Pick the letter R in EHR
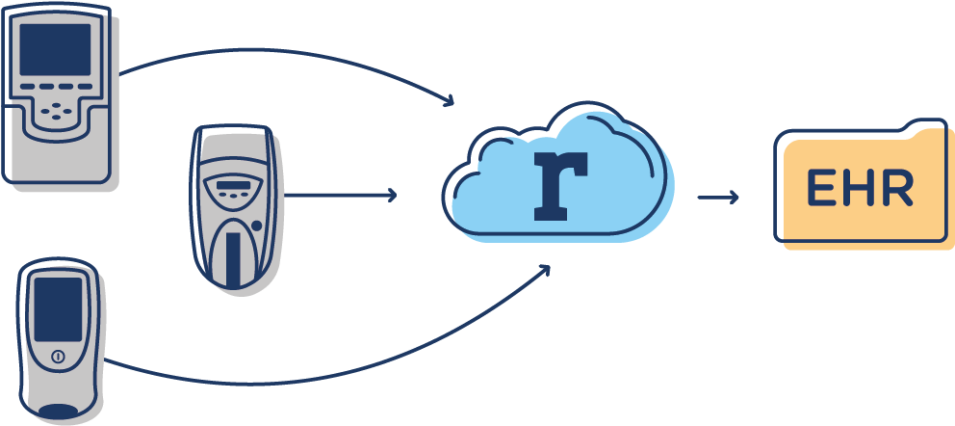[898, 187]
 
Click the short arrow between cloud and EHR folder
[718, 197]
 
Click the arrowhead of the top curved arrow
[449, 100]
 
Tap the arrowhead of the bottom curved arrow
[544, 270]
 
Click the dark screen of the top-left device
[55, 49]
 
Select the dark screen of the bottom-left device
[58, 309]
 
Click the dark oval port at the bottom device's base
[59, 412]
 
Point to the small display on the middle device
[234, 185]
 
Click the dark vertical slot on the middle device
[233, 259]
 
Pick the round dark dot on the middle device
[256, 226]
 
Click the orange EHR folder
[864, 185]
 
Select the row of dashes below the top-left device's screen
[56, 87]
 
